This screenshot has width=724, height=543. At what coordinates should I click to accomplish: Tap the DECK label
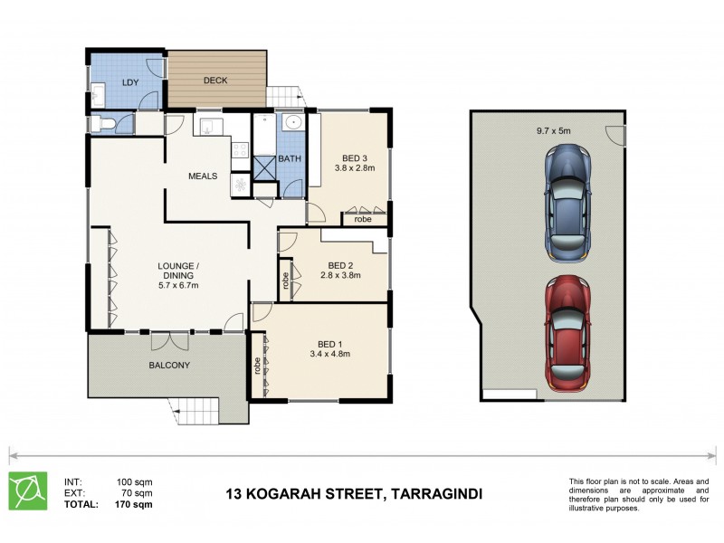[215, 81]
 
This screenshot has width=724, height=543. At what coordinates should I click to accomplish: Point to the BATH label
[290, 159]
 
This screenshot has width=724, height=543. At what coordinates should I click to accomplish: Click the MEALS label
[203, 176]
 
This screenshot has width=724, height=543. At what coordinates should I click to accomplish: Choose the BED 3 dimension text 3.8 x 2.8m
[355, 167]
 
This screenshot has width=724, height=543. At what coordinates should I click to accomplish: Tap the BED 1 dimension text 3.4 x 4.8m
[329, 354]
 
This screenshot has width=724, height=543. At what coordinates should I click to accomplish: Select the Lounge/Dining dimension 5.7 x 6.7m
[177, 286]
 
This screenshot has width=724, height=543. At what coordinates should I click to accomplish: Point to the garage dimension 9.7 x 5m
[553, 131]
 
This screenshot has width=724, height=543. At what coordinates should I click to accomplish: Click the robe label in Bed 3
[364, 219]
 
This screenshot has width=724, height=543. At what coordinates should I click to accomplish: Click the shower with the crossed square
[264, 167]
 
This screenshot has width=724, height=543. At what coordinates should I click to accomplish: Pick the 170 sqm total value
[135, 504]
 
